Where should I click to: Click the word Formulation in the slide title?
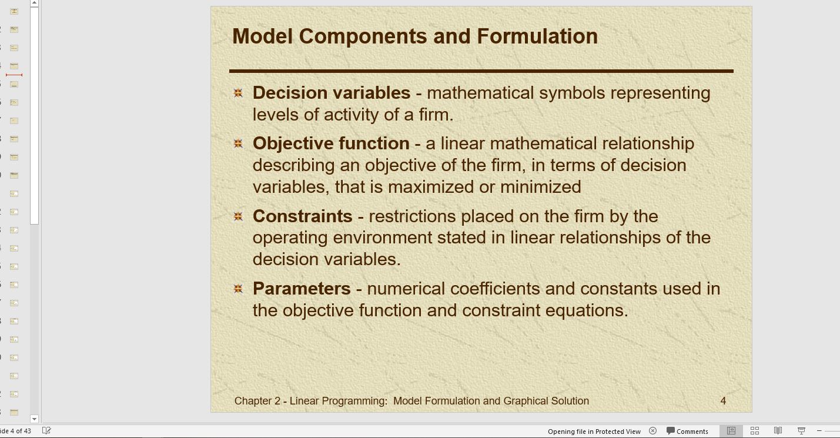(537, 36)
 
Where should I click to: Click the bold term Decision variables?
(332, 93)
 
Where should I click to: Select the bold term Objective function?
(331, 144)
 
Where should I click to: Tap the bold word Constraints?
(303, 216)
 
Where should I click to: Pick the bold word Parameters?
(302, 289)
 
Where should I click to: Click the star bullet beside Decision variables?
(238, 93)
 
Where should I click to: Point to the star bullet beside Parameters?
(238, 289)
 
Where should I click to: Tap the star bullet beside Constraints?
(238, 216)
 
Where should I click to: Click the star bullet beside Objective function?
(238, 143)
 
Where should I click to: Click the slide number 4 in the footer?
(723, 401)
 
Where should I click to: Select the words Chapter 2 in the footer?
(257, 401)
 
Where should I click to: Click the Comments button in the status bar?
(687, 432)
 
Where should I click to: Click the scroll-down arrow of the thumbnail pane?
(34, 419)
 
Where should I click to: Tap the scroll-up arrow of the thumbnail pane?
(34, 3)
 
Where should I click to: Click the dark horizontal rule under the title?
(481, 71)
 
